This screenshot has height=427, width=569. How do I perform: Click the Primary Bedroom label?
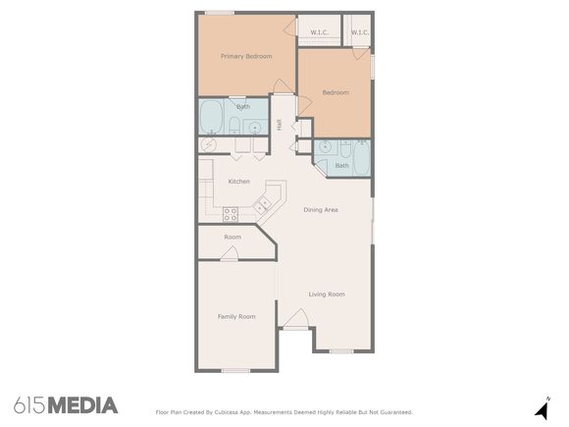(x=246, y=56)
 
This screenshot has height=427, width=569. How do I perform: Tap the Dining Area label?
(x=321, y=209)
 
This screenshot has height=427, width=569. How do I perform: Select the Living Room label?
(x=327, y=294)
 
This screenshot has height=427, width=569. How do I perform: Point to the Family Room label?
(x=236, y=317)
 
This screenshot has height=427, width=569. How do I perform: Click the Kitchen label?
(x=238, y=182)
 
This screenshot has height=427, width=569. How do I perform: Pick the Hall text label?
(x=280, y=125)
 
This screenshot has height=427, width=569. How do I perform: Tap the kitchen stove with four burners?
(x=231, y=214)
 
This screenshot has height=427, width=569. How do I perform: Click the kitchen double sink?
(x=262, y=206)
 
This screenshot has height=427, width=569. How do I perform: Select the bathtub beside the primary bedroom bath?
(x=211, y=117)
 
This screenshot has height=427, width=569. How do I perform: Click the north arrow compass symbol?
(x=543, y=409)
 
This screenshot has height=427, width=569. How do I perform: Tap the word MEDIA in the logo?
(x=82, y=405)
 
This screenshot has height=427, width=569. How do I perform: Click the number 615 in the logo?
(x=29, y=405)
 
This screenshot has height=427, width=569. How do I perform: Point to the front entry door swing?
(x=296, y=319)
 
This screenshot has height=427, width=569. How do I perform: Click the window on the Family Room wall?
(x=235, y=371)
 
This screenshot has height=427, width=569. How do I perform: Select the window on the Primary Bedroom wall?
(x=220, y=13)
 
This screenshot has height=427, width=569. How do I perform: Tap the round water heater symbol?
(x=209, y=144)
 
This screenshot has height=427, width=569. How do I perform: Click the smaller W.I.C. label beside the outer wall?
(x=360, y=32)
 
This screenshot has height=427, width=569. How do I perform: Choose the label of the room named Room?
(x=233, y=238)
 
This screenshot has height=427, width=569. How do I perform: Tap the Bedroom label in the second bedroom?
(x=336, y=92)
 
